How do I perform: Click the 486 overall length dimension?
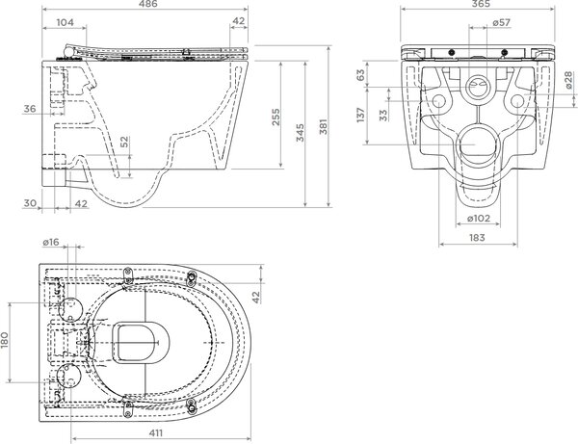tap(149, 4)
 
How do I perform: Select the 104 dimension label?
tap(65, 22)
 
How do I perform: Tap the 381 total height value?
tap(323, 126)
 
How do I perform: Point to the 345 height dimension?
tap(300, 132)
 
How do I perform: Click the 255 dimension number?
tap(276, 117)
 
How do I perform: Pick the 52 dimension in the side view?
tap(125, 142)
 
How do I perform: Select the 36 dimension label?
tap(30, 109)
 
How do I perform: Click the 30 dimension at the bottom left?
tap(30, 203)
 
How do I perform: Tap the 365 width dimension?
tap(481, 4)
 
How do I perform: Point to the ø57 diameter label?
tap(501, 22)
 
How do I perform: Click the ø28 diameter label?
tap(568, 80)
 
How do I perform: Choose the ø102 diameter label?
tap(479, 219)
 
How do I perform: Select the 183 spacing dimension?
tap(477, 238)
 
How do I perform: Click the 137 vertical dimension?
tap(361, 115)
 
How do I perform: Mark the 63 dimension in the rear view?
tap(361, 75)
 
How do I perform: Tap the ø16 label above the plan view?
tap(50, 242)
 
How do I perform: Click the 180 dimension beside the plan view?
tap(5, 340)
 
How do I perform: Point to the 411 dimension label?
tap(155, 433)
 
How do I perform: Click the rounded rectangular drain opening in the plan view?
tap(141, 343)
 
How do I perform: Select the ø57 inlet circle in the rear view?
tap(478, 87)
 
